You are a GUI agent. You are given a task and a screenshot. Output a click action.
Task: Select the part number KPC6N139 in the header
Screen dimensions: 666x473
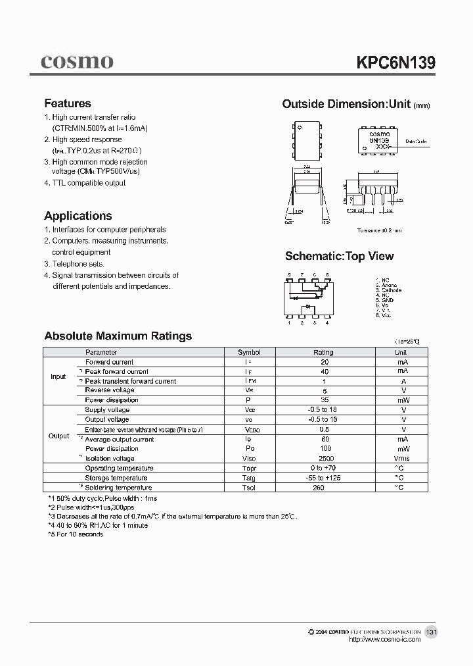pos(395,62)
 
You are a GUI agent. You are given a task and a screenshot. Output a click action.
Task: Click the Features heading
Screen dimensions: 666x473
pos(68,103)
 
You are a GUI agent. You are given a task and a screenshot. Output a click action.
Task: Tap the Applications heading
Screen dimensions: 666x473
pos(78,216)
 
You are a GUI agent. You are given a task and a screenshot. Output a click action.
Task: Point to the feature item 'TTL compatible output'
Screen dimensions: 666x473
pos(85,183)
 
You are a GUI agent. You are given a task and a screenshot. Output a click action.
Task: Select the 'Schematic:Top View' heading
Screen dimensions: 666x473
pos(339,256)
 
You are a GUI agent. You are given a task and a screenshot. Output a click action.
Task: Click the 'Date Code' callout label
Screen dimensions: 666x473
pos(416,141)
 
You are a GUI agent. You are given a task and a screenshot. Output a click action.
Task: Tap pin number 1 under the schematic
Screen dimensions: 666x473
pos(289,323)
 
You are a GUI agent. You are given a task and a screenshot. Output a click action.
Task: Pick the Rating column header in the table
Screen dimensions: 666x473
pos(323,353)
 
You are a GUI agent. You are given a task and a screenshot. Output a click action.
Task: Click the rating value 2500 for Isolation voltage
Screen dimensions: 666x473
pos(325,459)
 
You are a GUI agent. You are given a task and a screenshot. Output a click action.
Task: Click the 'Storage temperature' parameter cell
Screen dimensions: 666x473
pos(116,478)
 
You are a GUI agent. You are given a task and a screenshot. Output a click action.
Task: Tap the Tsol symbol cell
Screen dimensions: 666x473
pos(248,488)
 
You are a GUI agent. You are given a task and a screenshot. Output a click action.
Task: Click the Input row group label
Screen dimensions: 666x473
pos(58,377)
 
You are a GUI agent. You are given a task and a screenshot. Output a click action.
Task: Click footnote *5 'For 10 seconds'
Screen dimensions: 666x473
pos(76,534)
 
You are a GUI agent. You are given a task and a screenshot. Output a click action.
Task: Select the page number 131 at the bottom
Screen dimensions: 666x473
pos(431,632)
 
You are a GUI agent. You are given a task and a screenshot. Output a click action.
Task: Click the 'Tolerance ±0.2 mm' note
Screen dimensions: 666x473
pos(379,230)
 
